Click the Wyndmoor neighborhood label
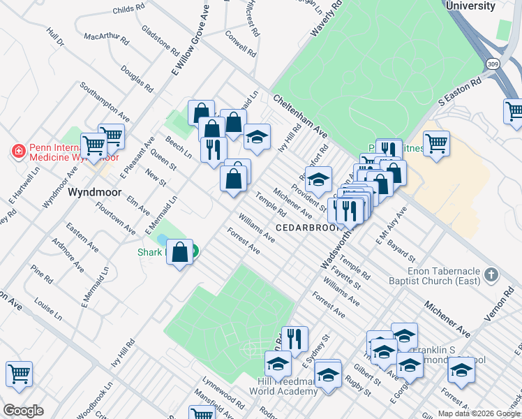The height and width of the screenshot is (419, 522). coord(94,192)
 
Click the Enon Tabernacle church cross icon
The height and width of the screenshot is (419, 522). coord(491,274)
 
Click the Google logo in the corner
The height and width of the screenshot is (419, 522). coord(23,411)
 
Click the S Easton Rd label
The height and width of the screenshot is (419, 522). coord(461,91)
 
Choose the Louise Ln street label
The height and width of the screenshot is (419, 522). coord(47,309)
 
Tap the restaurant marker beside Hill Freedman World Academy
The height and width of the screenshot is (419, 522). coord(294,339)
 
